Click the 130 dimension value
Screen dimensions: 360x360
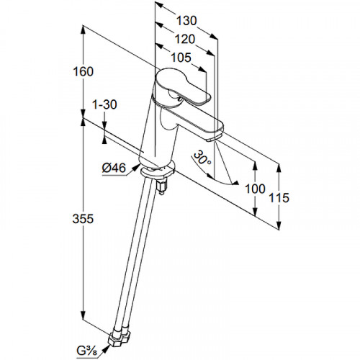coord(186,21)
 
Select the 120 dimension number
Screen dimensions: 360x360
coord(184,39)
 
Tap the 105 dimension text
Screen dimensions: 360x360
coord(181,58)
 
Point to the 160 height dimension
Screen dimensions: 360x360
coord(83,71)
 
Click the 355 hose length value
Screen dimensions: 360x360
coord(83,219)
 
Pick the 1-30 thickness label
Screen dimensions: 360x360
coord(104,104)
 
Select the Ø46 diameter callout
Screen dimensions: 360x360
coord(114,168)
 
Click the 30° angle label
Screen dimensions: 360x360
coord(202,158)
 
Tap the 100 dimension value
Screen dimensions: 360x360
coord(255,189)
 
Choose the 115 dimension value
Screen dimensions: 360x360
coord(279,198)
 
